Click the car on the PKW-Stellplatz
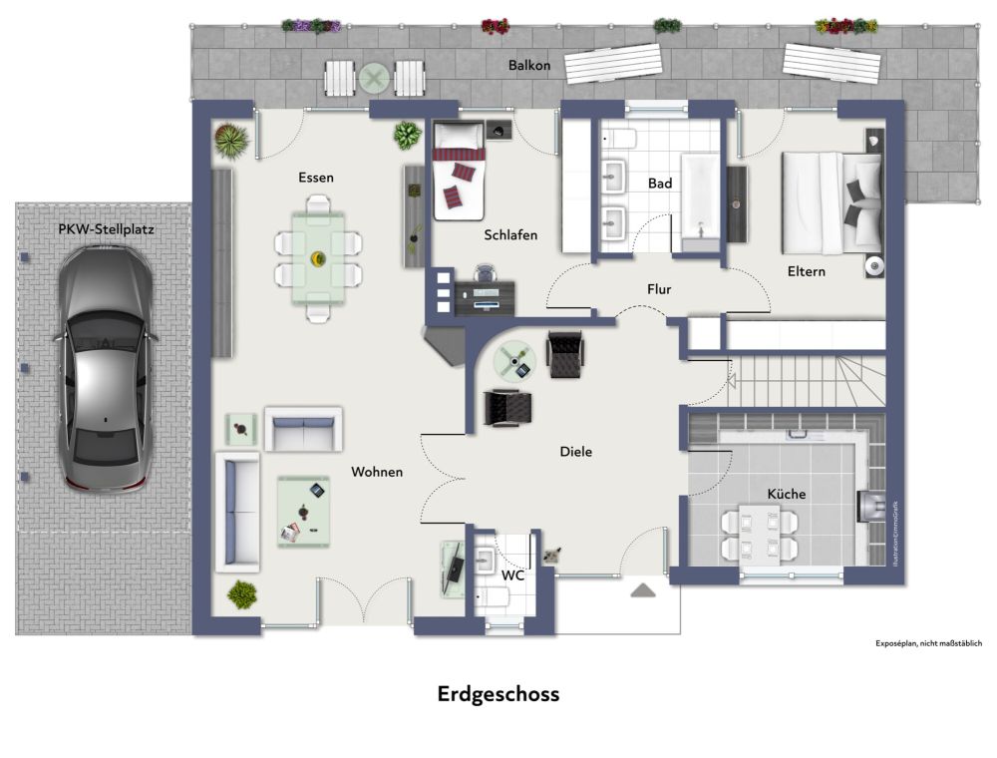tap(104, 369)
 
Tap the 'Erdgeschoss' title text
tap(498, 694)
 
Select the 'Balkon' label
tap(528, 66)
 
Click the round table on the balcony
tap(375, 77)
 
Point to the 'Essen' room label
tap(315, 178)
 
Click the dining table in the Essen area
tap(318, 258)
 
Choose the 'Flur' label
tap(659, 289)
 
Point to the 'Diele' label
tap(575, 452)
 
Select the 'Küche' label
tap(786, 494)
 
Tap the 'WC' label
tap(512, 575)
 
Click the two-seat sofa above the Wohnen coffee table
tap(302, 429)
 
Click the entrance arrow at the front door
tap(643, 590)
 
